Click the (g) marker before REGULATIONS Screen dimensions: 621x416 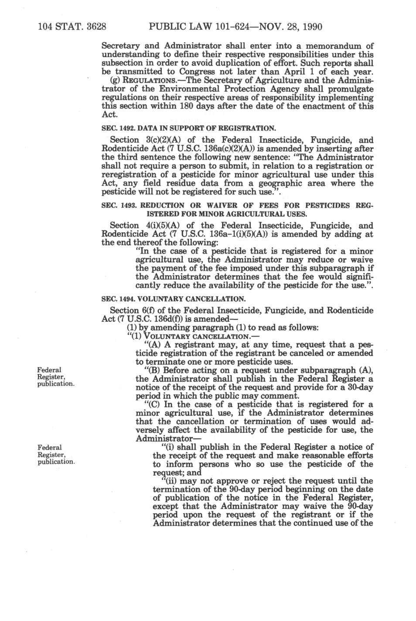point(106,80)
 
